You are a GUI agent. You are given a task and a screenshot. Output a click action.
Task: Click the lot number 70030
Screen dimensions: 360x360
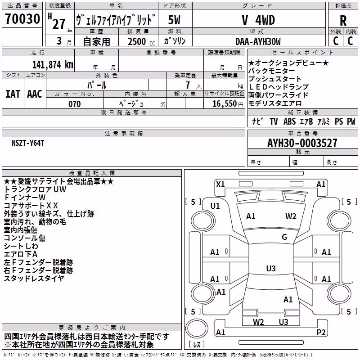click(x=22, y=18)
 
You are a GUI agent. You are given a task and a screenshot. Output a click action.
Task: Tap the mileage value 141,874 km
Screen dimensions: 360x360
click(x=53, y=65)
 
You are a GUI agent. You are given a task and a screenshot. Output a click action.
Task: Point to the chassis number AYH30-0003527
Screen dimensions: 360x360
click(x=302, y=143)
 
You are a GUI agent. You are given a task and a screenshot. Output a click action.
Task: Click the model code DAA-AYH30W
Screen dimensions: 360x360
click(x=258, y=41)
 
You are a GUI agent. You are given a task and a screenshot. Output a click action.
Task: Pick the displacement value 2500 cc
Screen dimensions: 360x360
click(x=141, y=41)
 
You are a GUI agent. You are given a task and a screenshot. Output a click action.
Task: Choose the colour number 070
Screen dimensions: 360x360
click(x=74, y=104)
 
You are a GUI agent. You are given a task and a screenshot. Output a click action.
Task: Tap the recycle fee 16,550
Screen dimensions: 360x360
click(x=224, y=104)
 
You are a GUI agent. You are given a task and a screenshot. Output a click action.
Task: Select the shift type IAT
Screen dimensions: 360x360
click(x=13, y=94)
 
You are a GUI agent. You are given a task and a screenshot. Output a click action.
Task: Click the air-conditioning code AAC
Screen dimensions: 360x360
click(x=35, y=94)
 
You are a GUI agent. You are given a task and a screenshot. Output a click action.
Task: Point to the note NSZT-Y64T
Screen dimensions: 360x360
click(x=28, y=143)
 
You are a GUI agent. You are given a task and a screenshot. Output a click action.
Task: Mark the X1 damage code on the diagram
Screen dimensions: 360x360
click(x=220, y=184)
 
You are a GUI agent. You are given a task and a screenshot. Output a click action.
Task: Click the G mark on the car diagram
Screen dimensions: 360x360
click(x=284, y=237)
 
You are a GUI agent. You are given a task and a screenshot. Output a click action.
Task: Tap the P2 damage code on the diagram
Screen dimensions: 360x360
click(x=321, y=332)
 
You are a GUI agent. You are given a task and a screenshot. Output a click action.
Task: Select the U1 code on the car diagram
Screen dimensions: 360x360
click(x=215, y=206)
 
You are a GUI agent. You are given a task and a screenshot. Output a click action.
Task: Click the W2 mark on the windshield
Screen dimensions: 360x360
click(x=291, y=216)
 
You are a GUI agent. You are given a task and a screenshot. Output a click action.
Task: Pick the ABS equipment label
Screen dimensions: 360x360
click(x=289, y=121)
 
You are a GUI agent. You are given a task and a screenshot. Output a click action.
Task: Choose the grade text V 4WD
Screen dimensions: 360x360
click(x=258, y=20)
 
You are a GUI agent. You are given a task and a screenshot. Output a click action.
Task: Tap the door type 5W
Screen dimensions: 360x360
click(x=174, y=20)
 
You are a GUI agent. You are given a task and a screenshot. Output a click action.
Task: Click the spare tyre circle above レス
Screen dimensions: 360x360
click(x=197, y=328)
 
